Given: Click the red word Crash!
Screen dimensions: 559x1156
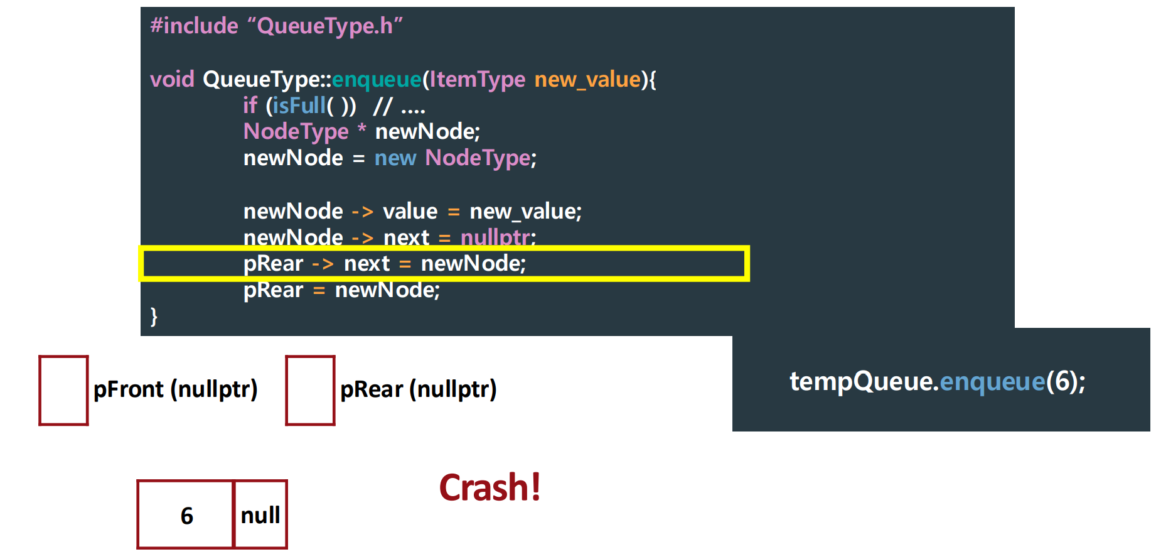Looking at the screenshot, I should pos(490,488).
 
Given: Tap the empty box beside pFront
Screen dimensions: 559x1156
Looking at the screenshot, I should pos(63,390).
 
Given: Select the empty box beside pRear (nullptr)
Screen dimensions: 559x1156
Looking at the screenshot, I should pos(310,390).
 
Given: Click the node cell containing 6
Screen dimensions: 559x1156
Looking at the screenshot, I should pos(186,515).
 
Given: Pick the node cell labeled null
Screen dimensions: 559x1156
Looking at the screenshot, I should pos(260,515).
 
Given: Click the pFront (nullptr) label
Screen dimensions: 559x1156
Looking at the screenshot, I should pos(175,389).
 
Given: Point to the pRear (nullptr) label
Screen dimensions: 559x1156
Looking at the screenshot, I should pos(418,389).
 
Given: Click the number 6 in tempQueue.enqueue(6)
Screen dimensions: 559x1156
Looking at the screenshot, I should pos(1062,381).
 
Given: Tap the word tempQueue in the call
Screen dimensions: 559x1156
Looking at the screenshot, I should pos(861,381).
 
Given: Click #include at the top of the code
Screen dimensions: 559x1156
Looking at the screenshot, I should pos(194,26).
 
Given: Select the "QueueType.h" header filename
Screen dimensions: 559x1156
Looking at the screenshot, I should pos(325,26).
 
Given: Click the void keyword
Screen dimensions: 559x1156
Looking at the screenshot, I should pos(172,79).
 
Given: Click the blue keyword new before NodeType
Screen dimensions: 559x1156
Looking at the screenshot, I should pos(395,158).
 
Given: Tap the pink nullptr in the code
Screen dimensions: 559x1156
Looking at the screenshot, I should pos(496,237).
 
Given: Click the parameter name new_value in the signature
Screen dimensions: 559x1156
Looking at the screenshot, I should pos(587,79).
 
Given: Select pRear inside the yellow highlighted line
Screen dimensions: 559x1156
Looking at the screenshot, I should pos(273,263).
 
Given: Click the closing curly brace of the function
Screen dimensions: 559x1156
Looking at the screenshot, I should pos(154,316).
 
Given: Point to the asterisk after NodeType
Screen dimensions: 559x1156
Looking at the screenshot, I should pos(361,129).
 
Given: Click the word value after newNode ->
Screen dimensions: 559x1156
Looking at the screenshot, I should pos(410,211).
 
